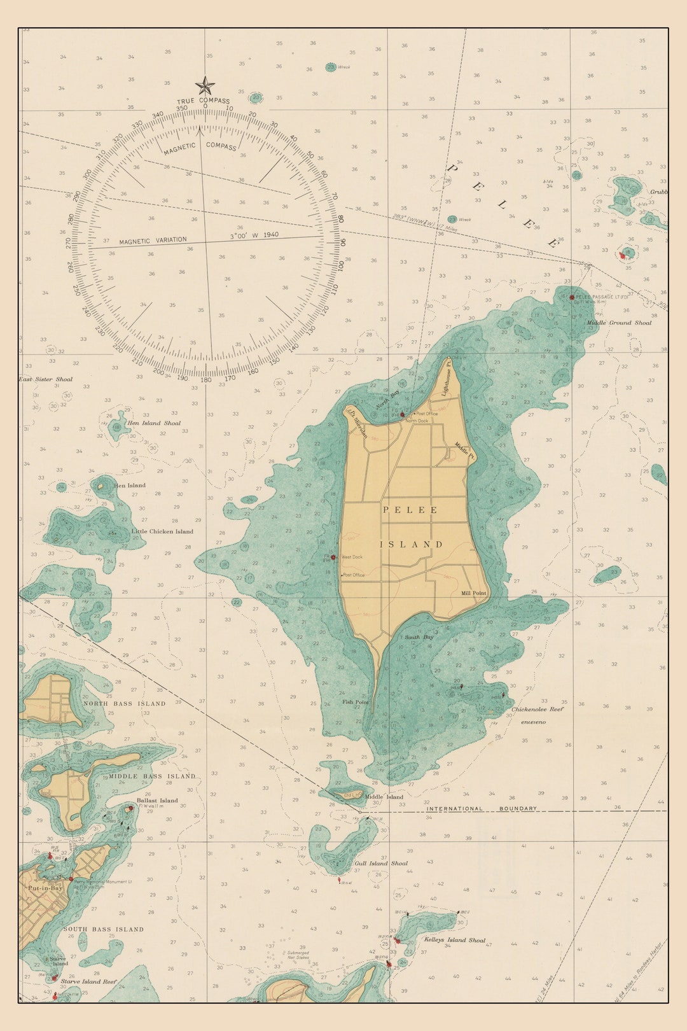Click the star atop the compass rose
click(205, 85)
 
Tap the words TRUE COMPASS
click(204, 101)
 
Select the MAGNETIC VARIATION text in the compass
click(153, 241)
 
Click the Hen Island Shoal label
click(154, 423)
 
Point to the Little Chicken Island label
click(162, 531)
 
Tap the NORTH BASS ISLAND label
click(124, 703)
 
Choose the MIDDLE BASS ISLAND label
click(152, 776)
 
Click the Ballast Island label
click(157, 801)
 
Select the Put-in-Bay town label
click(45, 888)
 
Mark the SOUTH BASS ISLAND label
click(103, 929)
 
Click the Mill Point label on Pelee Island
click(474, 593)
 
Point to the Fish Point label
click(355, 702)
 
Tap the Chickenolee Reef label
click(538, 709)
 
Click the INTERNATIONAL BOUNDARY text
click(482, 809)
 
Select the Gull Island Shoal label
click(381, 864)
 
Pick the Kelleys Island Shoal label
click(454, 940)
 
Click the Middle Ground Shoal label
click(619, 323)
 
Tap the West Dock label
click(352, 557)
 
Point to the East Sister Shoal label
click(46, 379)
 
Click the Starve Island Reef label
click(88, 981)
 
